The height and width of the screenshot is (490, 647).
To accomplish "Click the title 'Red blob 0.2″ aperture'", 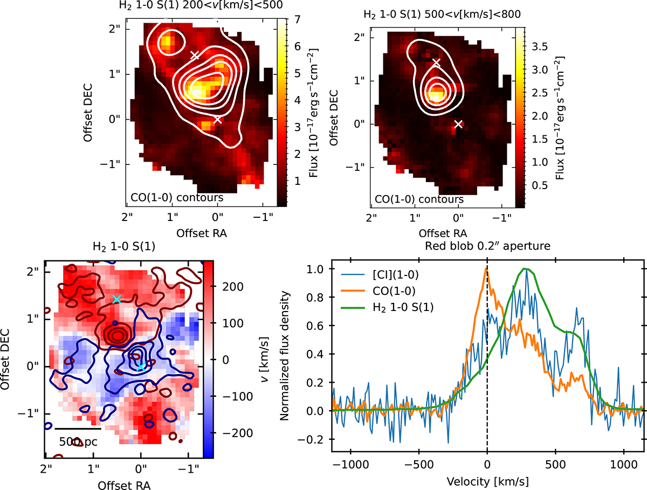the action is pos(487,246).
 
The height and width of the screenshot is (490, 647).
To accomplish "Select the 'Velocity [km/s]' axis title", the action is pos(487,482).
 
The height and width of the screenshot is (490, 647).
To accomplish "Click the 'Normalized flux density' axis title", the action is pos(284,356).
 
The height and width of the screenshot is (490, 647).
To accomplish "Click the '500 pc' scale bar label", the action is pos(78,441).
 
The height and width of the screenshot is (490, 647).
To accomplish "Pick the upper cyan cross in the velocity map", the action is pos(116,299).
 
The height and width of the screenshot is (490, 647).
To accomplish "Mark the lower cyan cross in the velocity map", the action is pos(141,367).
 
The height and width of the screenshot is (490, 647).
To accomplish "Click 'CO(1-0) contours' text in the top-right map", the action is pos(419,199).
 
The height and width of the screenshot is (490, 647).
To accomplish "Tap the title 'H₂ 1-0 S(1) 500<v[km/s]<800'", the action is pos(442,14).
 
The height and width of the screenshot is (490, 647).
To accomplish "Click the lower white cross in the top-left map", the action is pos(217,120).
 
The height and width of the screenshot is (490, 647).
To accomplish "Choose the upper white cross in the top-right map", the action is pos(436,63).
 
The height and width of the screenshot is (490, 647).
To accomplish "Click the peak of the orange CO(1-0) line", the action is pos(486,269).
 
